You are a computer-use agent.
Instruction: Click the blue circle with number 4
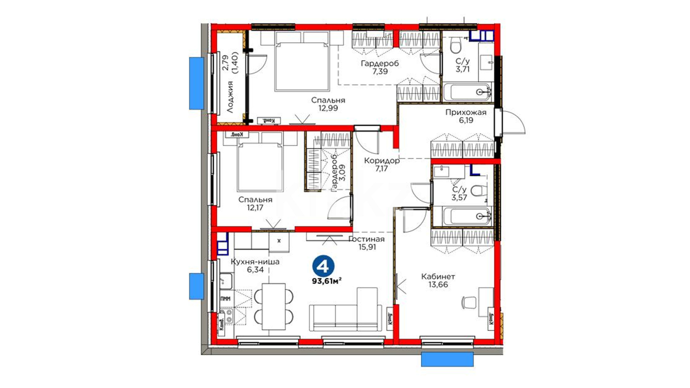pos(323,266)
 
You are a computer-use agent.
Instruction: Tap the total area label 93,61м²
pos(327,281)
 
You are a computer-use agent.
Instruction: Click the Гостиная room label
pos(366,239)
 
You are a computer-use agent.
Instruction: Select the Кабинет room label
pos(438,277)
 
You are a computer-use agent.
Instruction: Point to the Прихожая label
pos(466,112)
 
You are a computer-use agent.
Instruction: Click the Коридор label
pos(382,161)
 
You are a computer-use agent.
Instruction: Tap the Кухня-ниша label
pos(255,262)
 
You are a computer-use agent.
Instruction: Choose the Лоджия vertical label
pos(230,97)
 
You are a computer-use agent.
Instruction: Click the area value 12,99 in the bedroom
pos(328,108)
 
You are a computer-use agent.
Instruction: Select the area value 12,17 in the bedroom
pos(255,207)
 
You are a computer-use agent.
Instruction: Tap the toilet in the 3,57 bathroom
pos(477,190)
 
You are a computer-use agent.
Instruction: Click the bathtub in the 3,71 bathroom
pos(467,92)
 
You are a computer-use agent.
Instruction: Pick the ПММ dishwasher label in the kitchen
pos(226,299)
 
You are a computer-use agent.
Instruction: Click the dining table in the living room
pos(273,306)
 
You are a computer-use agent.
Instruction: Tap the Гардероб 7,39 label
pos(380,67)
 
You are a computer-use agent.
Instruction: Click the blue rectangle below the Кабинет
pos(447,359)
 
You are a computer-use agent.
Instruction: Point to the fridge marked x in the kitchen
pos(279,241)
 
